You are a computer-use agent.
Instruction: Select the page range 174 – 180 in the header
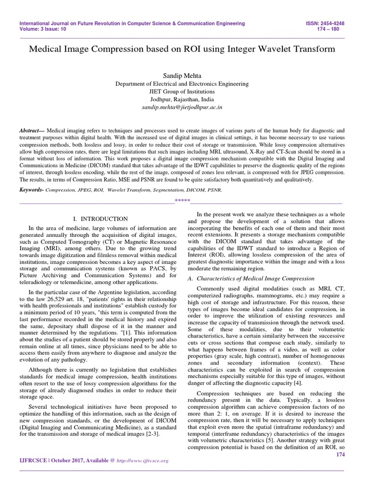(338, 29)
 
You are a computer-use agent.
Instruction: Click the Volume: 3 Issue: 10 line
(43, 29)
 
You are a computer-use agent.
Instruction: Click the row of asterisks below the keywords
(182, 200)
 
